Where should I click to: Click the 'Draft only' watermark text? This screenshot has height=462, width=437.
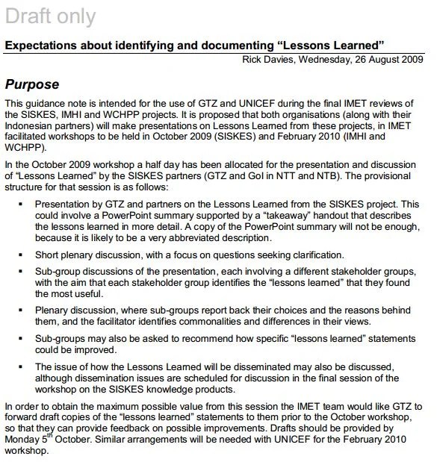pos(50,16)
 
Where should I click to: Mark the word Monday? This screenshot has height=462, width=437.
pos(22,441)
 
